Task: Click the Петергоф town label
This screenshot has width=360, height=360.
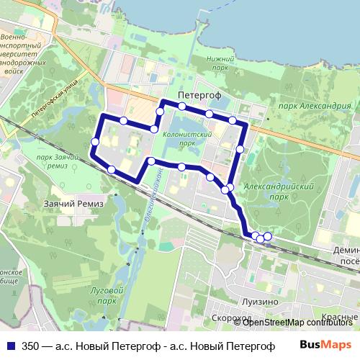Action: coord(199,94)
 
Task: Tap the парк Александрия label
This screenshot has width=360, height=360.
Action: coord(306,106)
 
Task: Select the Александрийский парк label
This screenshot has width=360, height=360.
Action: coord(277,191)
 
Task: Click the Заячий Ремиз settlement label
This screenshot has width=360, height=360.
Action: coord(73,204)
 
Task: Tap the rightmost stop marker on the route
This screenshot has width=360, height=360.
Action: coord(268,236)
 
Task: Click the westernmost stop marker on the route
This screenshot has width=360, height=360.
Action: coord(94,142)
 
